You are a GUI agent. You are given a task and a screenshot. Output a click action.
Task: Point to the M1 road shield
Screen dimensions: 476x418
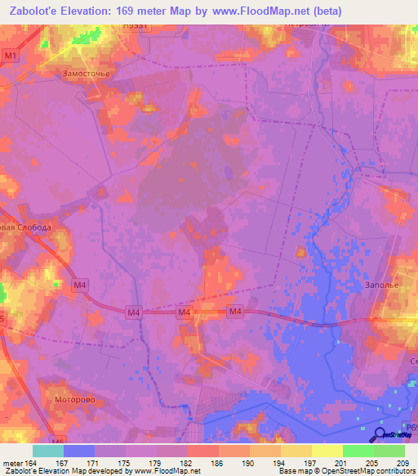click(10, 56)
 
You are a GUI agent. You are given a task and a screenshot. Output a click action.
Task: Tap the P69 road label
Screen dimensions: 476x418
click(411, 426)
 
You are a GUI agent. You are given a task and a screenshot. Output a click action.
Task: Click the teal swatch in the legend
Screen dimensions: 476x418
click(48, 451)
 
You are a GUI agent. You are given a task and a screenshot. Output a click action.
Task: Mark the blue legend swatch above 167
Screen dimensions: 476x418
click(79, 451)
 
